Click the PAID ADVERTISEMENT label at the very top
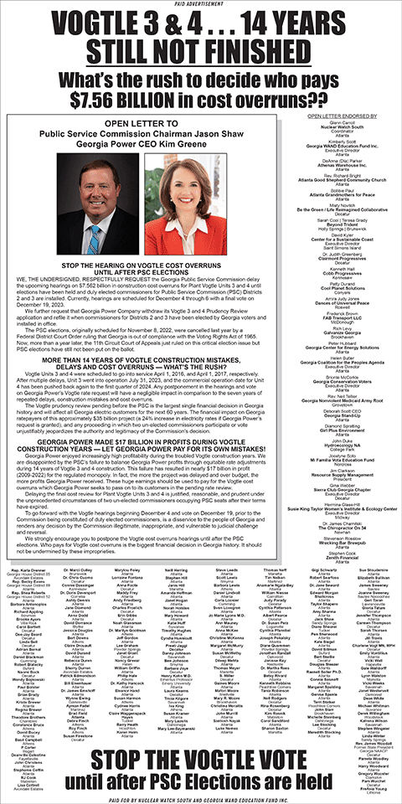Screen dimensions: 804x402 201,5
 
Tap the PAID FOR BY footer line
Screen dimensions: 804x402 201,798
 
